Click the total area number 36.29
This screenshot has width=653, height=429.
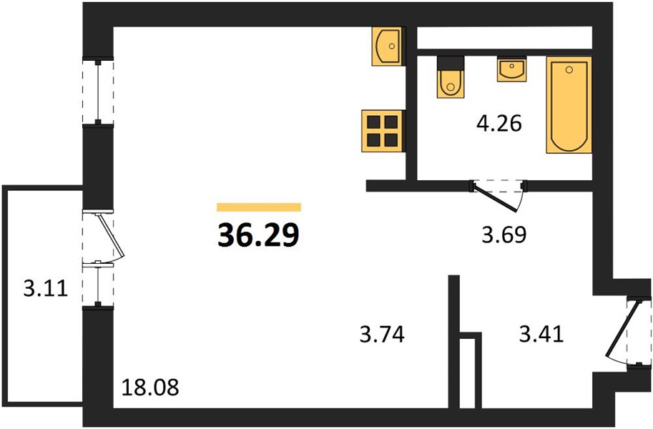click(258, 235)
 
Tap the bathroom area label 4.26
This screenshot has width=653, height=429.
click(499, 124)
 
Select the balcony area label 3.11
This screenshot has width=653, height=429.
click(45, 288)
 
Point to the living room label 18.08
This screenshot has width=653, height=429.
click(150, 388)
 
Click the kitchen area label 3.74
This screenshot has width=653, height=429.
click(382, 335)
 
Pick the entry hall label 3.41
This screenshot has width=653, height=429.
click(541, 334)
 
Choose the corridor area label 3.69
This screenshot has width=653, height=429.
click(504, 235)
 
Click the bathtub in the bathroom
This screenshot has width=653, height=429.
click(569, 105)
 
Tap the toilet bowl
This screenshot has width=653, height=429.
click(451, 84)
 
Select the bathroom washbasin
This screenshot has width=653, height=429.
click(511, 69)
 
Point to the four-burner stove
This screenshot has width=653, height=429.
click(383, 131)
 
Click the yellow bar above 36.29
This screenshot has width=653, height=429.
click(259, 207)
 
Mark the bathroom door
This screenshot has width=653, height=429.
click(496, 196)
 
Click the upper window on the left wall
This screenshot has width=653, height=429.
click(98, 92)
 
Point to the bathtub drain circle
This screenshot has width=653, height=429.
click(569, 70)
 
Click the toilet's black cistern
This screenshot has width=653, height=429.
click(451, 63)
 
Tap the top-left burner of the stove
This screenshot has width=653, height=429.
click(374, 122)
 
